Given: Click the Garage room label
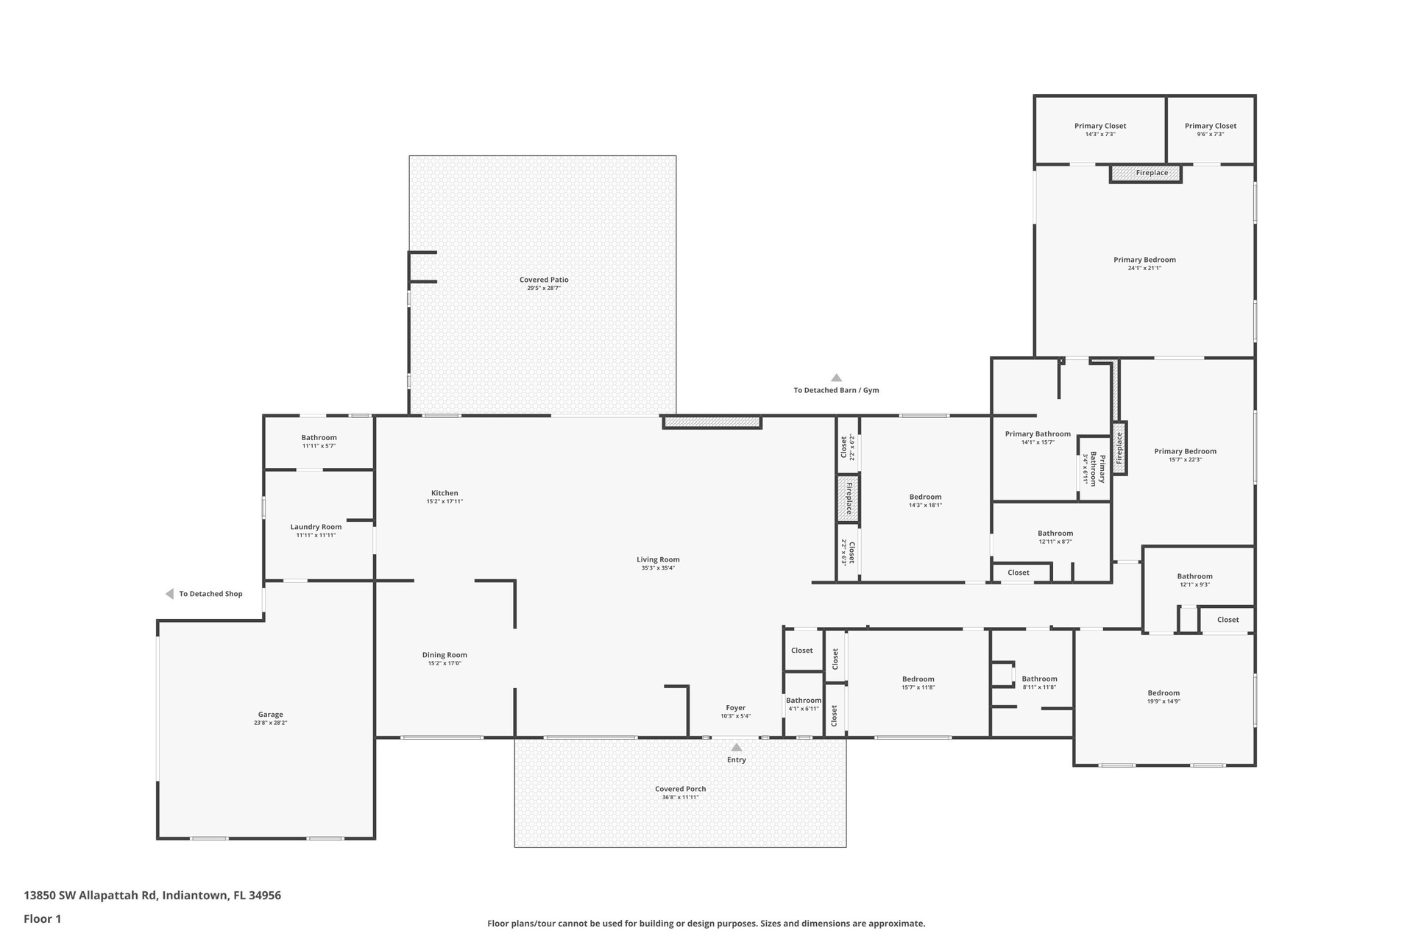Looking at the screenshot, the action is pos(270,715).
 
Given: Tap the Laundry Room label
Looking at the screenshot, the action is pos(316,527).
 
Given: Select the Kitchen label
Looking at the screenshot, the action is pos(445,493).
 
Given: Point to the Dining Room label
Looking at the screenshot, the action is pos(445,655).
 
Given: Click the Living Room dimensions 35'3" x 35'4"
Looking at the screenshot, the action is pos(658,568).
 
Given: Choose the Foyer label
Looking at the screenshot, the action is pos(735,708).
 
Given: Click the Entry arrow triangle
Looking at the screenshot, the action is pos(737,747).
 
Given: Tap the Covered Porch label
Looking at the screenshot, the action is pos(680,789).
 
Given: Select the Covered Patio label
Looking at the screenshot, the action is pos(544,280).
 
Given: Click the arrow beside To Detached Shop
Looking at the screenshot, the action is pos(169,594).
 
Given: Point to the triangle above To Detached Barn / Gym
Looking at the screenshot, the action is pos(836,378).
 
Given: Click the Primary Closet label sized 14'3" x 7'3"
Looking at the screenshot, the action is pos(1100,126).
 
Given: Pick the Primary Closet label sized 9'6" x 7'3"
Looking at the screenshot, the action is pos(1211,126).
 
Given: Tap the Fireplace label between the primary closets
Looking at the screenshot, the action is pos(1152,173).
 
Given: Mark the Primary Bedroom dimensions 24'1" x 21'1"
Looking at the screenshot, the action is pos(1144,269).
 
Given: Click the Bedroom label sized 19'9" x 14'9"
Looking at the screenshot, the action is pos(1164,693).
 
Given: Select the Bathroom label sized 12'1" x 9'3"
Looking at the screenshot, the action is pos(1194,576).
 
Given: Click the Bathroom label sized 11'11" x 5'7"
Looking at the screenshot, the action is pos(319,438).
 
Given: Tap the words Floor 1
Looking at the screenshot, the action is pos(43,918).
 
